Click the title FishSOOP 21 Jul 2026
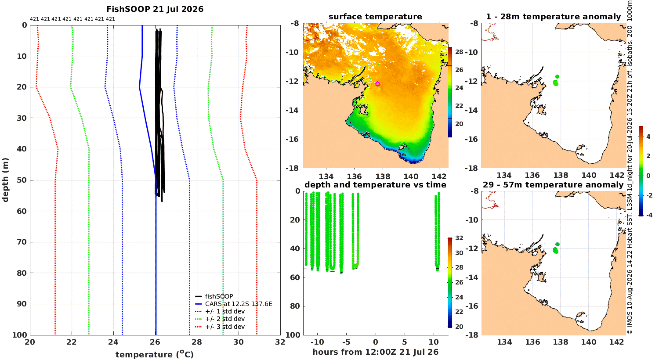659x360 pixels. pos(155,9)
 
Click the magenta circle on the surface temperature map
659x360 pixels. pos(377,84)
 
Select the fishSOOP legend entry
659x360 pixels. pos(214,296)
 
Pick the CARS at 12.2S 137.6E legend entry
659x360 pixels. pos(234,304)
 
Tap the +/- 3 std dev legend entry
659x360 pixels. pos(220,327)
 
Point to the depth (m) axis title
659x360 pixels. pos(5,180)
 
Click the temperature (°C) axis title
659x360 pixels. pos(155,354)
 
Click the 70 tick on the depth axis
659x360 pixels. pos(22,242)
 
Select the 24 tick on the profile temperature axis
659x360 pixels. pos(113,342)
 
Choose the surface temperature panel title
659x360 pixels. pos(375,17)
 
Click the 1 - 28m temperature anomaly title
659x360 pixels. pos(554,17)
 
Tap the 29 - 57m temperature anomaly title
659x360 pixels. pos(553,185)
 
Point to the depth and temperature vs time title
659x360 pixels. pos(375,185)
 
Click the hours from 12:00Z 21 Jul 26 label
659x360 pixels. pos(375,352)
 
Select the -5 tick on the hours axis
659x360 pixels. pos(347,342)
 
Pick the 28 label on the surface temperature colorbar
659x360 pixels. pos(459,52)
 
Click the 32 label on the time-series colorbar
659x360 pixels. pos(459,238)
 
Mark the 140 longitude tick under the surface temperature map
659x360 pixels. pos(411,176)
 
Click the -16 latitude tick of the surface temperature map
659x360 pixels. pos(293,139)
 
